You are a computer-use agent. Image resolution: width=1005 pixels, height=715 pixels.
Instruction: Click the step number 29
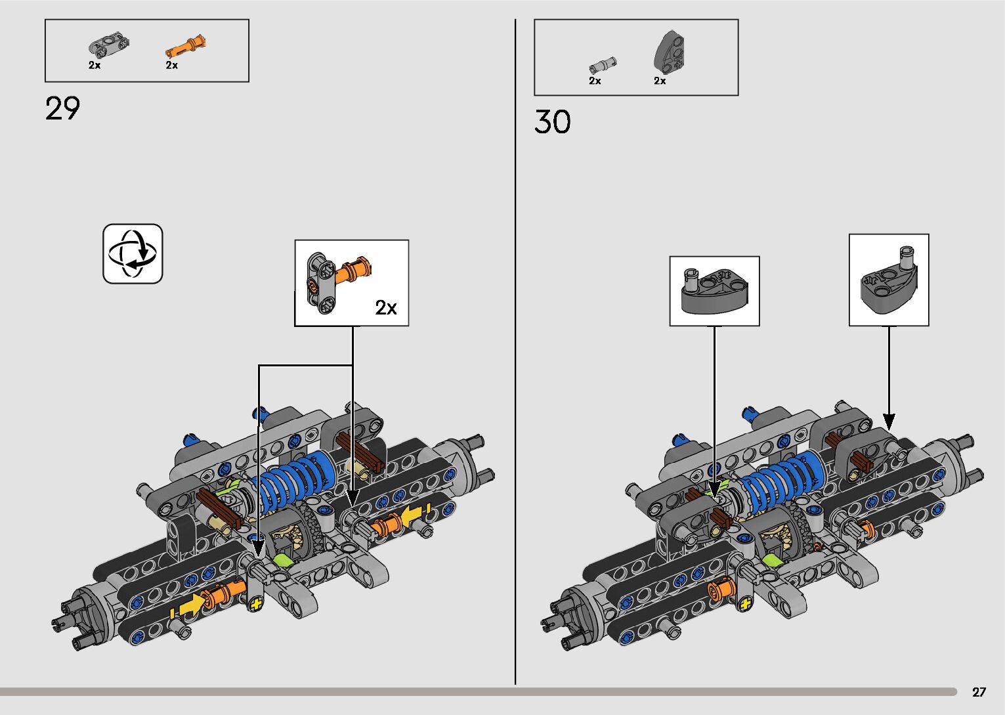tap(63, 109)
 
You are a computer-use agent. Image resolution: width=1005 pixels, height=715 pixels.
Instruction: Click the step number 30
tap(553, 122)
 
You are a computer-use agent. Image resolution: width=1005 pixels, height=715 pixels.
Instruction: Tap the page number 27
tap(979, 692)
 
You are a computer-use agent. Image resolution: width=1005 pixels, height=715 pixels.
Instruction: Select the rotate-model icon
tap(133, 254)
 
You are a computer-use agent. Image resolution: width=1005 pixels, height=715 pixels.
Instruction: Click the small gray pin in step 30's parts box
tap(603, 64)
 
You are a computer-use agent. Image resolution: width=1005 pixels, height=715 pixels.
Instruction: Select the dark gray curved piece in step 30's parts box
tap(670, 53)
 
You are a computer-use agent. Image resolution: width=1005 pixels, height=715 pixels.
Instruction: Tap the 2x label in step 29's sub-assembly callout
tap(386, 307)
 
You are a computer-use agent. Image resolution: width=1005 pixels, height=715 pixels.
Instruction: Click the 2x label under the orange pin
tap(172, 65)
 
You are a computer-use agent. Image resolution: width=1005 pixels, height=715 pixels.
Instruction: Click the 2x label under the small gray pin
tap(595, 81)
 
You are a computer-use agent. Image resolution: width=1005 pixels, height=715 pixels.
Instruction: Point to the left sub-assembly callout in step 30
tap(714, 291)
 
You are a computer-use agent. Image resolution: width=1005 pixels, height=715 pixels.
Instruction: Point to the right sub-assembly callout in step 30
tap(889, 280)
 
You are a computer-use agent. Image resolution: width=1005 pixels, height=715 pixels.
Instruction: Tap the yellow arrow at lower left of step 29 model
tap(190, 605)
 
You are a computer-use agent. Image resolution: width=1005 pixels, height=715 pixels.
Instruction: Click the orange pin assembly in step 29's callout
tap(355, 270)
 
